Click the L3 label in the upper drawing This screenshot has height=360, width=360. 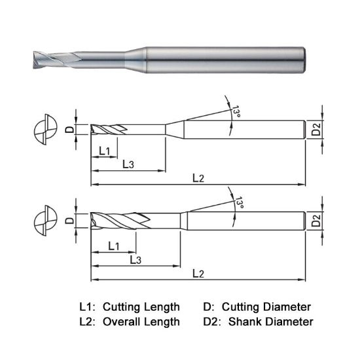pyautogui.click(x=128, y=164)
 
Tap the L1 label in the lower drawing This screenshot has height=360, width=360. pyautogui.click(x=113, y=246)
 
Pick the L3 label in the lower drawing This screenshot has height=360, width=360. pyautogui.click(x=135, y=260)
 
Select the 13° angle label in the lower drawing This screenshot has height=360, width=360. pyautogui.click(x=240, y=204)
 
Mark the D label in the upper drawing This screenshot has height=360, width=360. pyautogui.click(x=71, y=130)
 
